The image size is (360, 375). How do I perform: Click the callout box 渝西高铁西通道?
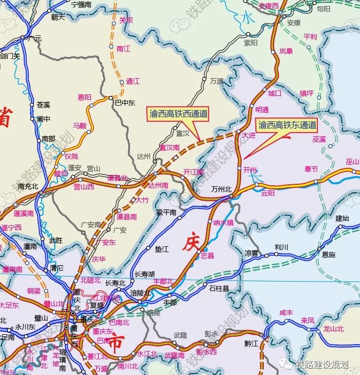pos(179,114)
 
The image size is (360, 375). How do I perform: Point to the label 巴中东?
pos(125,103)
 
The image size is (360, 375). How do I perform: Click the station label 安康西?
pos(269,6)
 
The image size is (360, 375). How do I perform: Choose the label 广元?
pos(35,38)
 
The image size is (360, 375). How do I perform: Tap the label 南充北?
pos(28,186)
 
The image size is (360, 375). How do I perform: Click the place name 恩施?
pos(329,255)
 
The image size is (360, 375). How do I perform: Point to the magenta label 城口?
pos(275,93)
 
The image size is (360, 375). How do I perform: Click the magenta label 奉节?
pos(311,169)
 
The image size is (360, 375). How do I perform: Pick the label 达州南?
pos(158,185)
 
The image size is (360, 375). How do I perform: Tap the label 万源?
pos(217,81)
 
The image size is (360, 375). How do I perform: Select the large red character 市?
pos(116,341)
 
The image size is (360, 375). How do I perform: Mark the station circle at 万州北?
pos(230,197)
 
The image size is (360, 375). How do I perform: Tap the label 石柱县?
pos(219,288)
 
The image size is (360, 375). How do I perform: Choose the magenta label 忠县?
pos(208,256)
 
